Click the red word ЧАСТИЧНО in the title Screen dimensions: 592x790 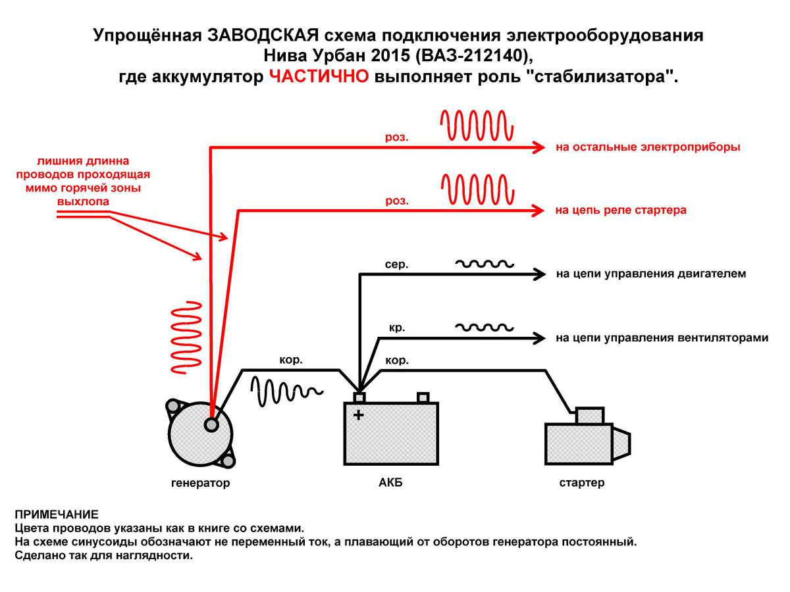pos(319,76)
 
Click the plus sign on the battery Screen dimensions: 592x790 pos(358,415)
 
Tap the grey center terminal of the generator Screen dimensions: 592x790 pos(211,425)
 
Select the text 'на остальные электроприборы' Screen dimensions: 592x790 pos(648,147)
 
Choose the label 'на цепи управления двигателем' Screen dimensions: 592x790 pos(650,274)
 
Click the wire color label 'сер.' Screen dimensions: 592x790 pos(396,264)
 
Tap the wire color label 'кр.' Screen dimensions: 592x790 pos(397,327)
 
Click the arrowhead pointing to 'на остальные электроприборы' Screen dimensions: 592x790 pos(539,147)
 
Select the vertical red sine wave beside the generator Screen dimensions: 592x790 pos(185,339)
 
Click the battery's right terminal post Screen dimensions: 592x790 pos(423,397)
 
